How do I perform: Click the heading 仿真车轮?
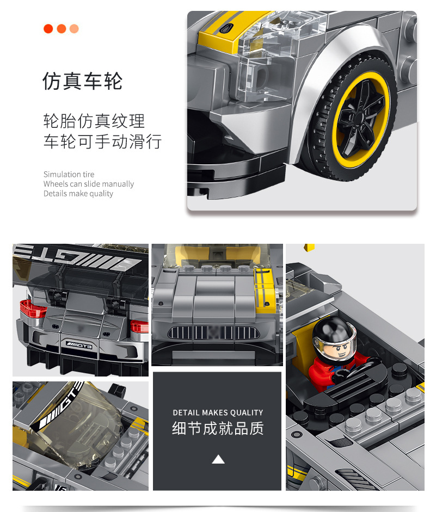[83, 81]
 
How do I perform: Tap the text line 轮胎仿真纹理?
[94, 121]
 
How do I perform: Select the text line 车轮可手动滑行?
[102, 141]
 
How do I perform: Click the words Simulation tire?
[69, 174]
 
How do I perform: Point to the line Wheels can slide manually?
[88, 184]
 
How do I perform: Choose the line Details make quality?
[78, 194]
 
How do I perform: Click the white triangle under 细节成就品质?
[218, 460]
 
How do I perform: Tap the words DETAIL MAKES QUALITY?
[218, 412]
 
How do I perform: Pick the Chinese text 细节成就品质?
[218, 428]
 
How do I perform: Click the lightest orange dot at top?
[74, 29]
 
